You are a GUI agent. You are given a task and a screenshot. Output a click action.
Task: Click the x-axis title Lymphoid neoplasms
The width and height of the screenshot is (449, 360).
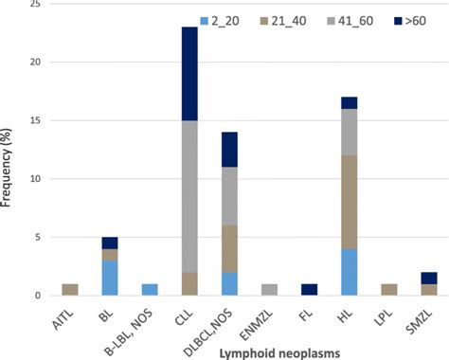pyautogui.click(x=257, y=351)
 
